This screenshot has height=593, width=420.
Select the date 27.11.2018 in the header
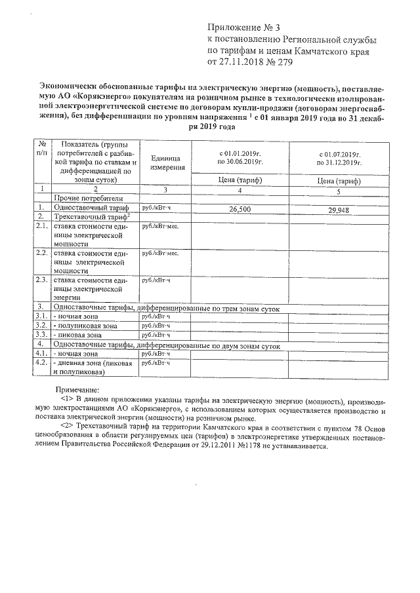coord(244,63)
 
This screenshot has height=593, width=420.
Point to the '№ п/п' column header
coord(42,148)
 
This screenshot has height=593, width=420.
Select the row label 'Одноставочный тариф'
coord(90,207)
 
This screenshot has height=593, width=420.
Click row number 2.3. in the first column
coord(41,280)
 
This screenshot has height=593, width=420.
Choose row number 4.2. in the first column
coord(41,362)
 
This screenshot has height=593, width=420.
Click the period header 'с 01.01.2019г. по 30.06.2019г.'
coord(240,157)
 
